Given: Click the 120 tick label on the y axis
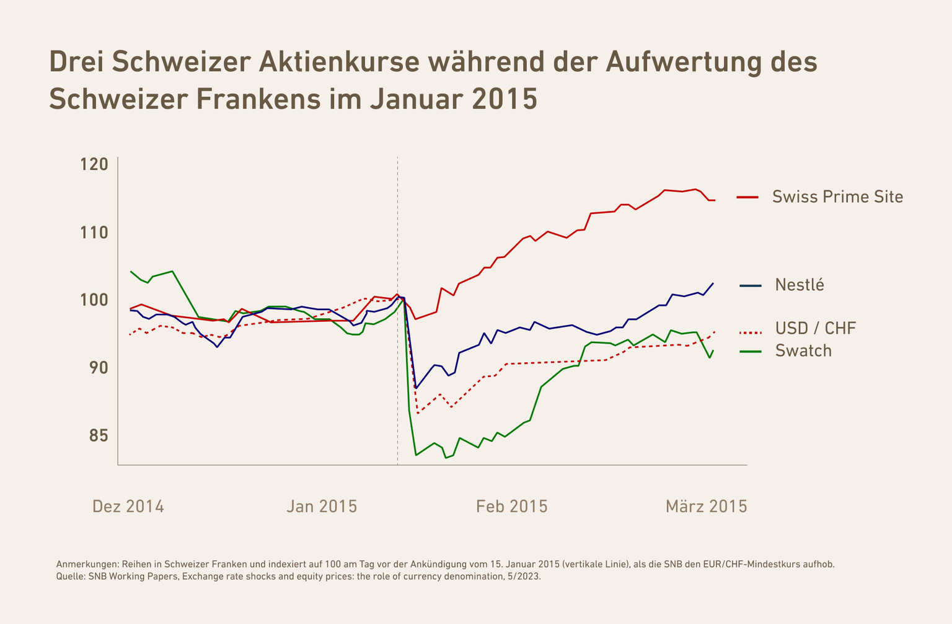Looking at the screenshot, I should click(94, 165).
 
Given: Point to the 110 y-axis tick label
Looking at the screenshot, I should click(94, 233).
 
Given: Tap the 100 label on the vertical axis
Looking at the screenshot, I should click(94, 300).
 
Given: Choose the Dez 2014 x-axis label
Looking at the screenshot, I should click(128, 507).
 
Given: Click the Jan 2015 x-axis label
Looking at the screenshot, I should click(322, 507).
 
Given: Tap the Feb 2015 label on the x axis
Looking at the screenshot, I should click(512, 507).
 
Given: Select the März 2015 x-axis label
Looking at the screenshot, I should click(706, 507).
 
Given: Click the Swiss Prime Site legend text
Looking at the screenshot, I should click(837, 197).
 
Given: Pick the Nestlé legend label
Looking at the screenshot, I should click(800, 285).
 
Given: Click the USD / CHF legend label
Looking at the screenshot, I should click(816, 328).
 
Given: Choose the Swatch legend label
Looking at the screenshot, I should click(803, 351).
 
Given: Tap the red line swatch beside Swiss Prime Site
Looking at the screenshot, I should click(747, 197).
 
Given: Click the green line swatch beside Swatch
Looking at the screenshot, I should click(751, 352).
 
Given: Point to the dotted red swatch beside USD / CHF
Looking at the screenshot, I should click(751, 333).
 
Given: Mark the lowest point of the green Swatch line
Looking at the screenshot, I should click(446, 458).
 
